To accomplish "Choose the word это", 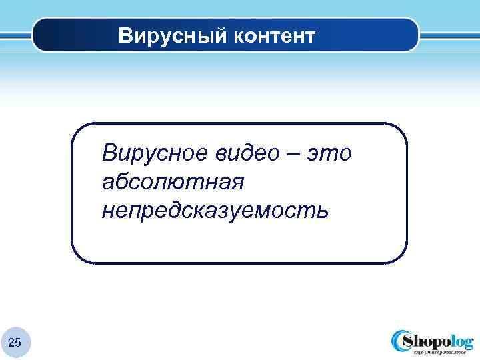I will pyautogui.click(x=329, y=153).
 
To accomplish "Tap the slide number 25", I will pyautogui.click(x=15, y=343).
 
